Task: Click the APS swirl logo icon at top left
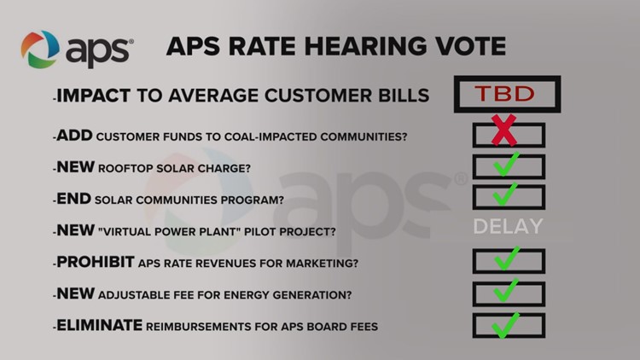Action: tap(40, 49)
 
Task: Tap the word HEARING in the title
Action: tap(345, 45)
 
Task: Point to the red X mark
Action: tap(505, 133)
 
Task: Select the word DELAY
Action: tap(509, 227)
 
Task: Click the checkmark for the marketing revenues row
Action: tap(509, 259)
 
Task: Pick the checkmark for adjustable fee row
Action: tap(509, 292)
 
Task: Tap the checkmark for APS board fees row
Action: tap(509, 324)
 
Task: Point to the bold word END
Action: tap(74, 199)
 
